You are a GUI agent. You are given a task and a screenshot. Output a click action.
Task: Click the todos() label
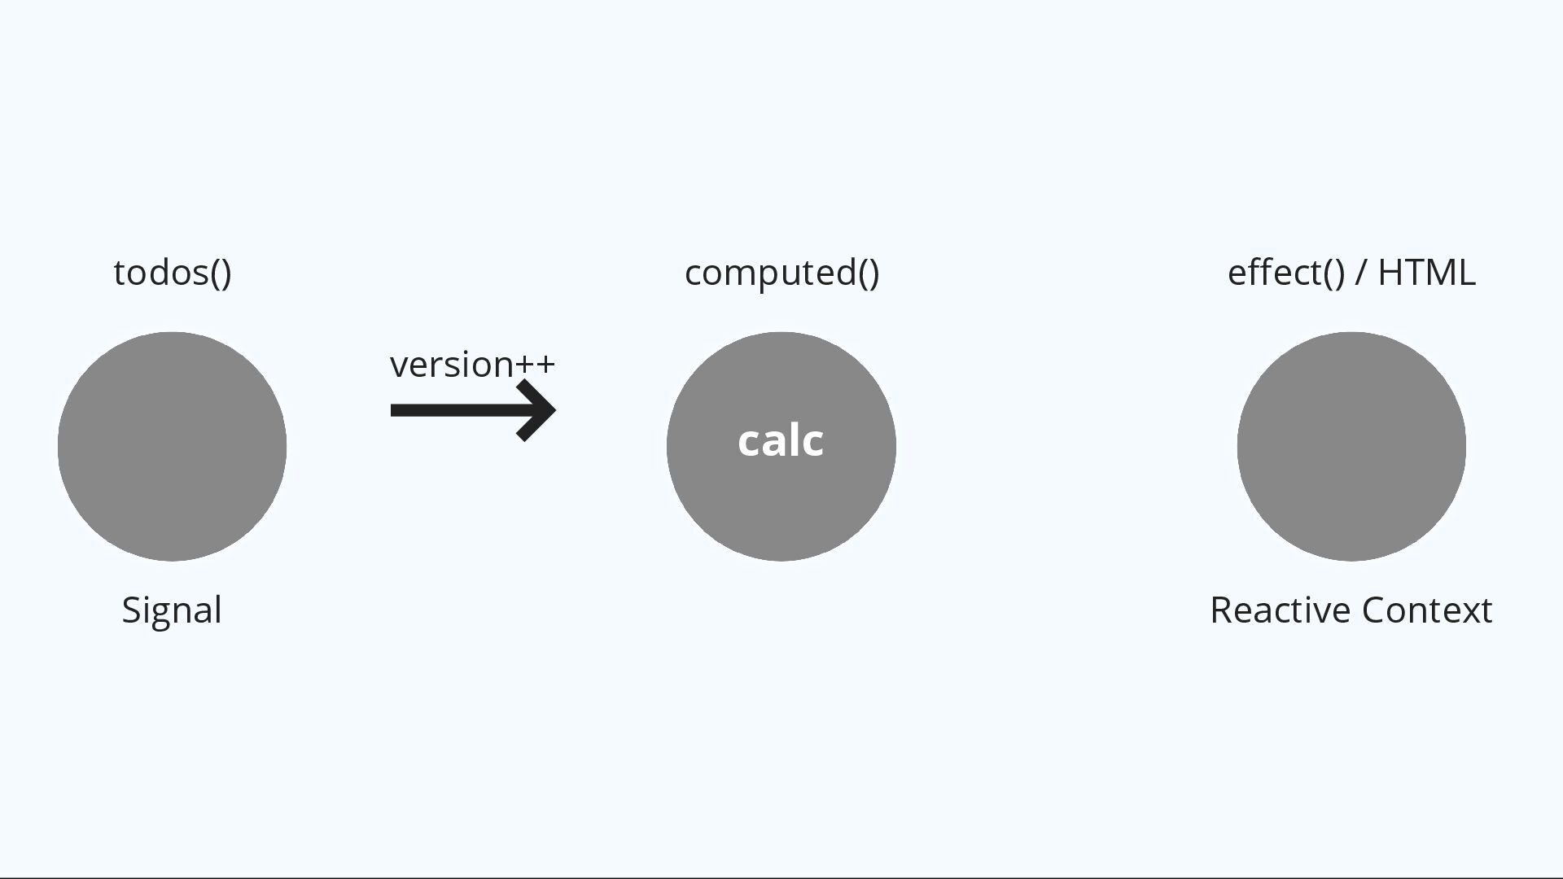click(172, 273)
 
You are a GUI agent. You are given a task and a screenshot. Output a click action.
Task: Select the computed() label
click(781, 273)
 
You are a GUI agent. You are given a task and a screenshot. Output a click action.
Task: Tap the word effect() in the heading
click(1285, 273)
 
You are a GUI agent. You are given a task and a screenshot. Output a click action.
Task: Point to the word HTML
click(1426, 273)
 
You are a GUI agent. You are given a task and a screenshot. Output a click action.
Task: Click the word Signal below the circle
click(172, 610)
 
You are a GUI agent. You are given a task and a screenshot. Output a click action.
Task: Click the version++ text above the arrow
click(472, 365)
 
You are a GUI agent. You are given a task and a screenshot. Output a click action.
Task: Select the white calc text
click(781, 441)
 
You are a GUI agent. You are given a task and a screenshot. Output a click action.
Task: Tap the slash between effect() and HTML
click(1360, 273)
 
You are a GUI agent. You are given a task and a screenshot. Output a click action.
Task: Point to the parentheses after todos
click(221, 273)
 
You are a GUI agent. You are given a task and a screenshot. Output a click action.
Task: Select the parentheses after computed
click(869, 273)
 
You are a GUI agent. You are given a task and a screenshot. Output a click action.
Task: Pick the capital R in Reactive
click(1221, 610)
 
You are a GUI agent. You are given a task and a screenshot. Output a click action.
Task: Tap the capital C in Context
click(1374, 610)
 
